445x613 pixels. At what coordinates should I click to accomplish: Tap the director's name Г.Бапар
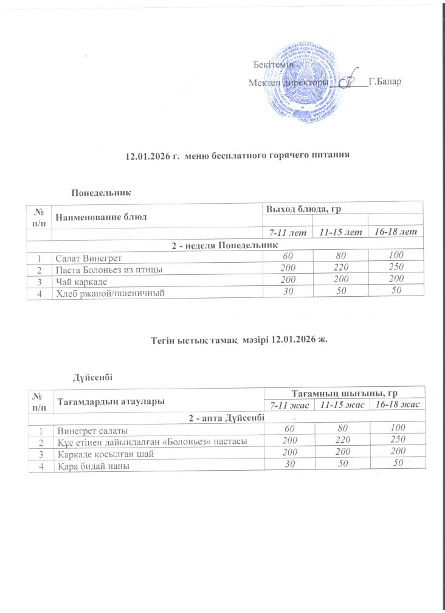[x=384, y=81]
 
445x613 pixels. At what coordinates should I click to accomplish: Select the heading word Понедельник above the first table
[x=102, y=192]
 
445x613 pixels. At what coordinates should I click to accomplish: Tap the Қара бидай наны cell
[x=92, y=466]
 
